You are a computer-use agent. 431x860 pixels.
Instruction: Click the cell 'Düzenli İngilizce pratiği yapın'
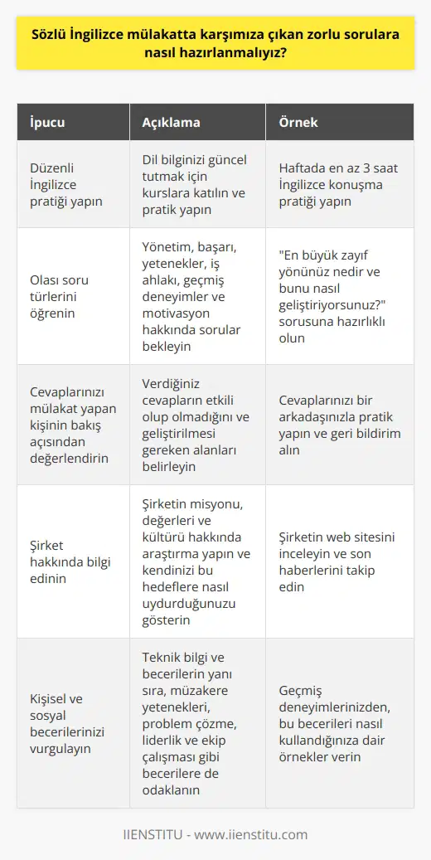[x=65, y=182]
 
